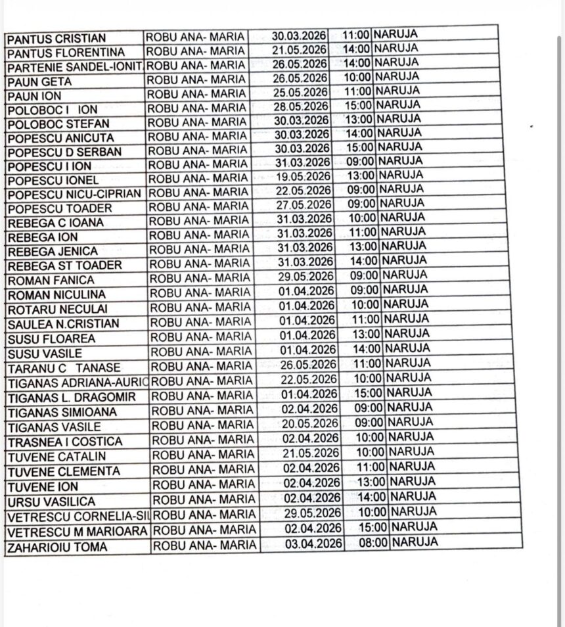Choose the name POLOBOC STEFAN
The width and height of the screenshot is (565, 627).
[x=58, y=124]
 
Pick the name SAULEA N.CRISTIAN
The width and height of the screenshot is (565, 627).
[x=63, y=324]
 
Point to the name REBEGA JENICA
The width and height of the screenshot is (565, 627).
[x=52, y=251]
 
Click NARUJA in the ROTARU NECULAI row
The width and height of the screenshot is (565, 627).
[x=405, y=305]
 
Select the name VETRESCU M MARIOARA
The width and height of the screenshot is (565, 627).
[x=77, y=531]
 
